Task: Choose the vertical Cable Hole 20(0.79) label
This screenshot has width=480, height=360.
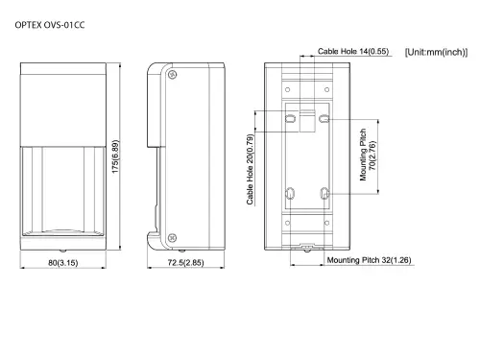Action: pyautogui.click(x=251, y=169)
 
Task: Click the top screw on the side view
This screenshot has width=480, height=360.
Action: pyautogui.click(x=171, y=75)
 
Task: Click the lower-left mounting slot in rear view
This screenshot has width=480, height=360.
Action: pyautogui.click(x=290, y=195)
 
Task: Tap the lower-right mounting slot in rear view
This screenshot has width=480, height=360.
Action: pyautogui.click(x=324, y=195)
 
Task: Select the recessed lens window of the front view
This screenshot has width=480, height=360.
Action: pyautogui.click(x=62, y=188)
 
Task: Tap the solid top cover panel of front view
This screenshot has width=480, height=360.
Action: pyautogui.click(x=62, y=101)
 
